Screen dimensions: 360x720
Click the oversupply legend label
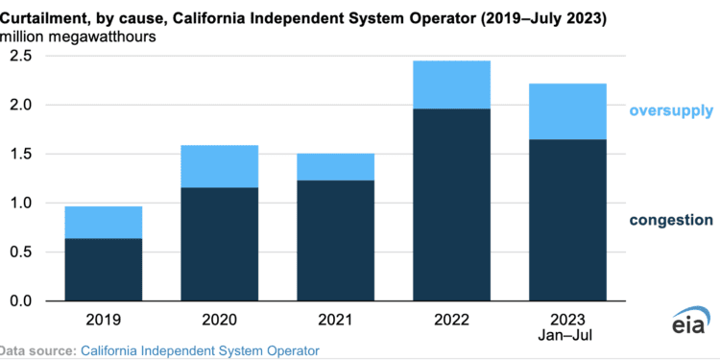click(x=670, y=111)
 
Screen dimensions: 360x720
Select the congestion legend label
click(x=671, y=220)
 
